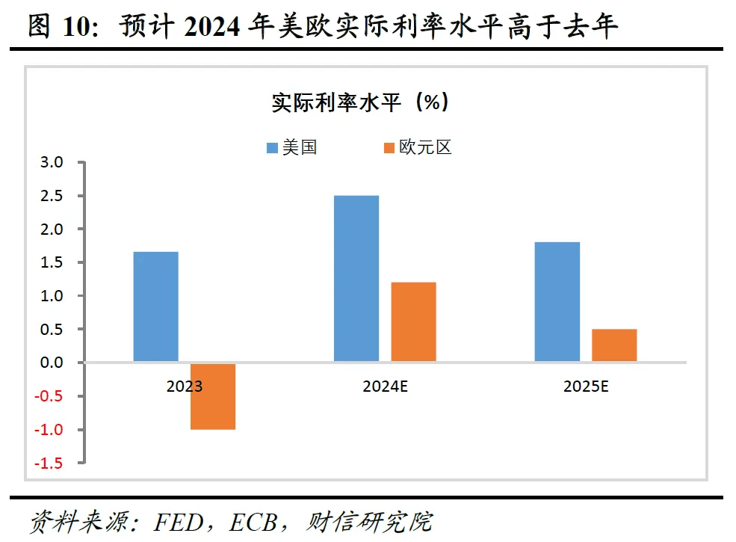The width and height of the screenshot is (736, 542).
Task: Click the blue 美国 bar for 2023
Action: (155, 307)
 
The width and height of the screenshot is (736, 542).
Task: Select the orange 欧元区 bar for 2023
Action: (213, 396)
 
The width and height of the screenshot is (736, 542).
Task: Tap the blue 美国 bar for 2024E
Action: (356, 279)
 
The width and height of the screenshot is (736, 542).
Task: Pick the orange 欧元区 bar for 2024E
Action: (413, 322)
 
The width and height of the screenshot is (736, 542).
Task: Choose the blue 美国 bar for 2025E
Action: (557, 302)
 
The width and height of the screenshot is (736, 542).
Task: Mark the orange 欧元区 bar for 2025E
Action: (614, 345)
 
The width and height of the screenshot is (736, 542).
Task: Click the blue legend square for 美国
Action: (273, 147)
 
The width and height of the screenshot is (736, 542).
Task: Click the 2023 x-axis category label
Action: (184, 387)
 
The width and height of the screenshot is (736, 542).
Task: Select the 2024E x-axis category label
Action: (385, 387)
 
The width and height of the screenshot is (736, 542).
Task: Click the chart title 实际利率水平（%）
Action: (361, 102)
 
